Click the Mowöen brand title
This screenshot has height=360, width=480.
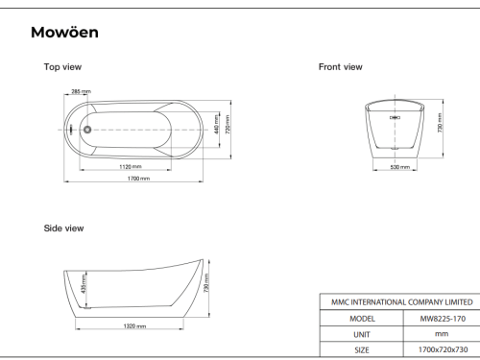64,33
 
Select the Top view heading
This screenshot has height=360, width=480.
62,67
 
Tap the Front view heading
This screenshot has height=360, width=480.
341,67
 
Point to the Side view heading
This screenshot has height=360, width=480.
63,228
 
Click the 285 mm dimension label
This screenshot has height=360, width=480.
81,91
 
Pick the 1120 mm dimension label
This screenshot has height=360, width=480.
131,166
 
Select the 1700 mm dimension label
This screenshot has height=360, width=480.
138,179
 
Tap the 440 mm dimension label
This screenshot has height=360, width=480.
217,124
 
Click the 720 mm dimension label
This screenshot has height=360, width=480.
228,125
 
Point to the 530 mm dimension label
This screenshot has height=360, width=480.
400,167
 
